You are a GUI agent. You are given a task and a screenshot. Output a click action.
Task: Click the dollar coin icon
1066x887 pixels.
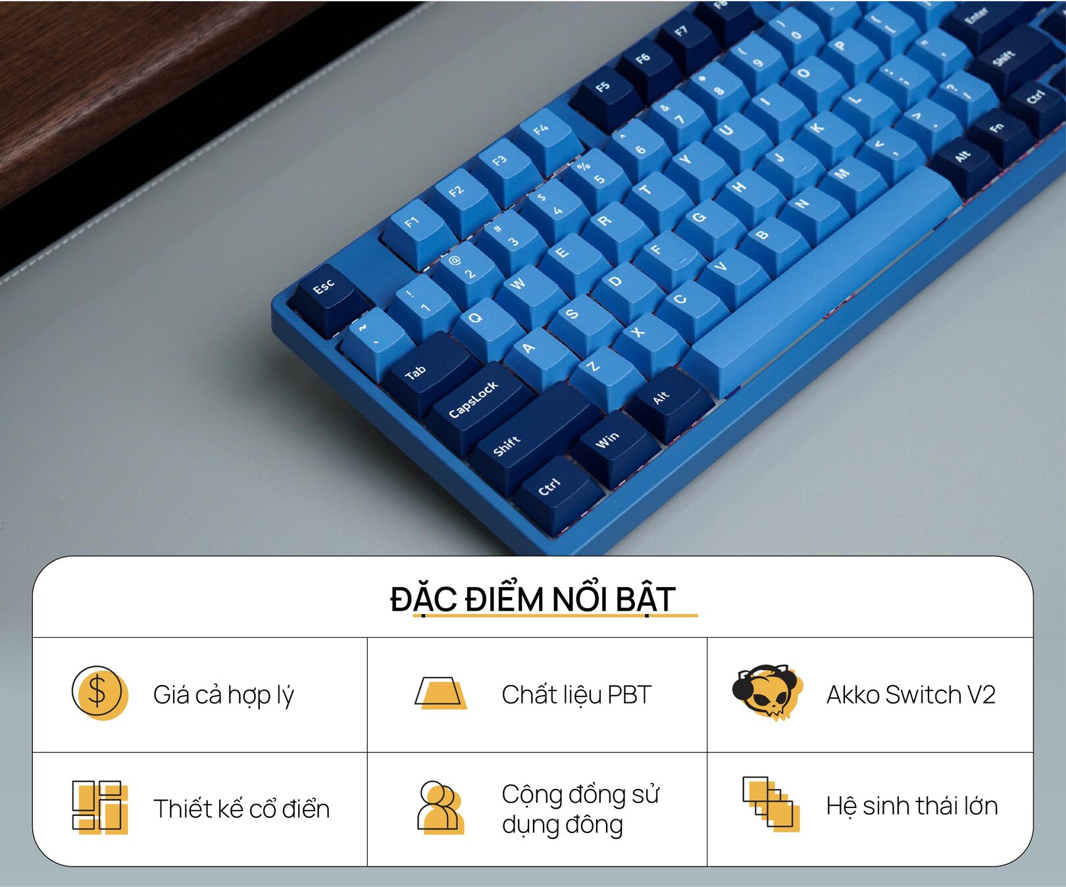coord(99,693)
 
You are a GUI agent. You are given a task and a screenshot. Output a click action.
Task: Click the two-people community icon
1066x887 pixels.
coord(440,807)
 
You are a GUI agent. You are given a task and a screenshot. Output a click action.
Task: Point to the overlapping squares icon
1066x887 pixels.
coord(771,804)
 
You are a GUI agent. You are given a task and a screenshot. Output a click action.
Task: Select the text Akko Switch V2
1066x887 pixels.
coord(911,694)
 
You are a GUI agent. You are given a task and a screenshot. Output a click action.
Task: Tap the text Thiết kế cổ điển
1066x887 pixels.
coord(241,809)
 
